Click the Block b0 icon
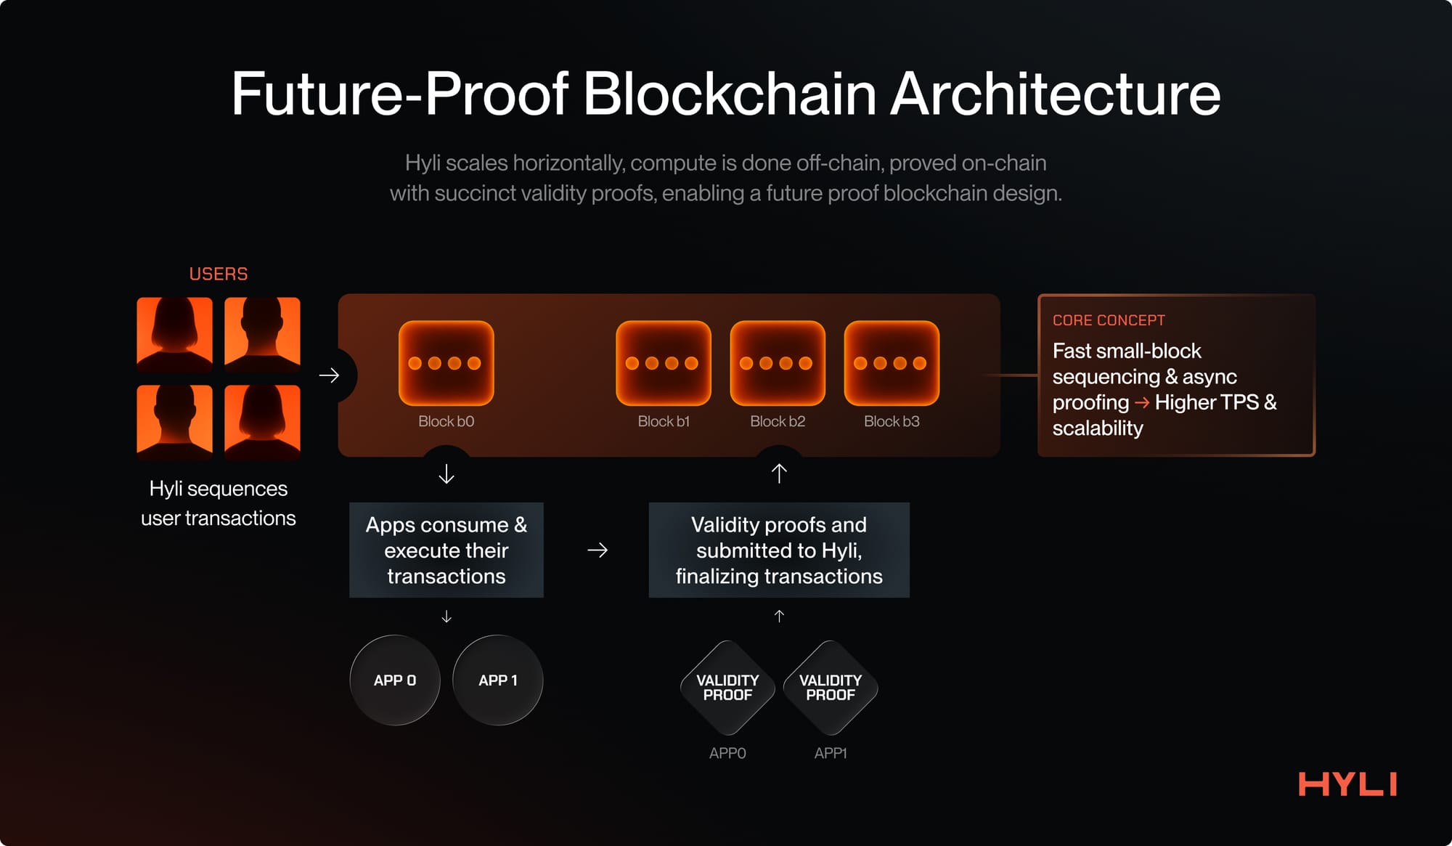(446, 363)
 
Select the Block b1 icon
(663, 363)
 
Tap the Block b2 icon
(777, 363)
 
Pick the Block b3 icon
(891, 363)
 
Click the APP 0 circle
(395, 680)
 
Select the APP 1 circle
(498, 680)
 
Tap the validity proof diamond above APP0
(727, 687)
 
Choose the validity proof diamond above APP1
(831, 687)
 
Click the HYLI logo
(1347, 784)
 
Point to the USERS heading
(219, 274)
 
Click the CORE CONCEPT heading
(1109, 320)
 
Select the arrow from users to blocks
(329, 375)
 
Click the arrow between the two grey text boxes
(597, 550)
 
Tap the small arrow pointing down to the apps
(446, 617)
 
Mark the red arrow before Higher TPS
(1141, 402)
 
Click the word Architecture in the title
(1055, 94)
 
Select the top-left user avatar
(175, 334)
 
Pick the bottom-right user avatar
(262, 422)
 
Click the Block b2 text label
(777, 421)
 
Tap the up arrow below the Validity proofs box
(779, 617)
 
